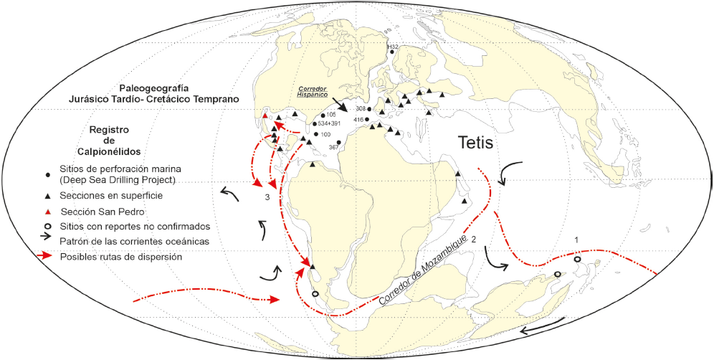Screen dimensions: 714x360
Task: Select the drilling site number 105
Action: point(331,115)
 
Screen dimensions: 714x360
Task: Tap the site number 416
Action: point(359,119)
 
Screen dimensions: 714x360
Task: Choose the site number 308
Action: point(361,109)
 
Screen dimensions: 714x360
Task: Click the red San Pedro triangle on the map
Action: point(265,115)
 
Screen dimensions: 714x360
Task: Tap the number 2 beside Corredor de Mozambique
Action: point(473,238)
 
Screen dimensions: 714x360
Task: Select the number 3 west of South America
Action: point(267,196)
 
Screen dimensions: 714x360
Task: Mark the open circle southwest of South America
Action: point(315,294)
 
